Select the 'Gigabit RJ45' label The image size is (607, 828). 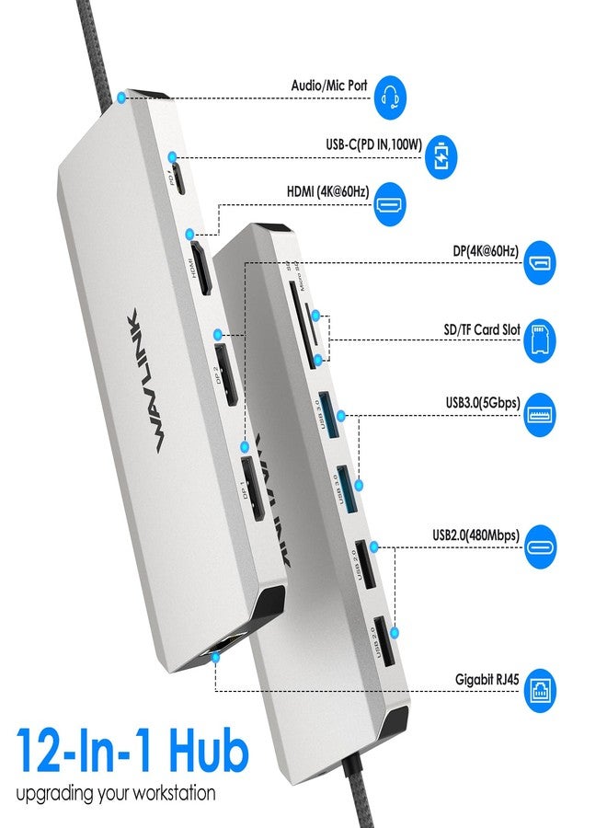point(487,680)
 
